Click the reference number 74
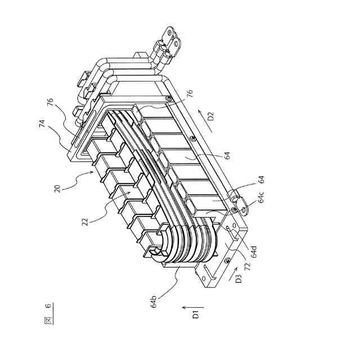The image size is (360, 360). click(50, 126)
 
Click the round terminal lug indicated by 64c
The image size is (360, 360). click(233, 199)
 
